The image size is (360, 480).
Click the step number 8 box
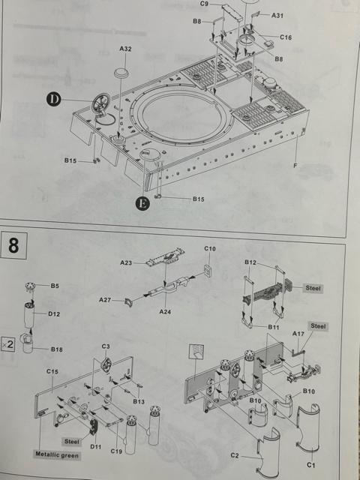14,245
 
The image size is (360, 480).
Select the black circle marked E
142,201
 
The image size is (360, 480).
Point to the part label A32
125,49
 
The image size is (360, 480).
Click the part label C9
205,4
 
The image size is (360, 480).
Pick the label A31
277,16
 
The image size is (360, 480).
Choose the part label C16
286,37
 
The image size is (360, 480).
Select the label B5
55,286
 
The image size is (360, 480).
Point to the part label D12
55,313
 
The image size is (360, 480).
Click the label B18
56,349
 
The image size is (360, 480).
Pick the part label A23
126,262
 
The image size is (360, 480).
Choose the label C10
210,249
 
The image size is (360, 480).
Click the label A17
298,334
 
